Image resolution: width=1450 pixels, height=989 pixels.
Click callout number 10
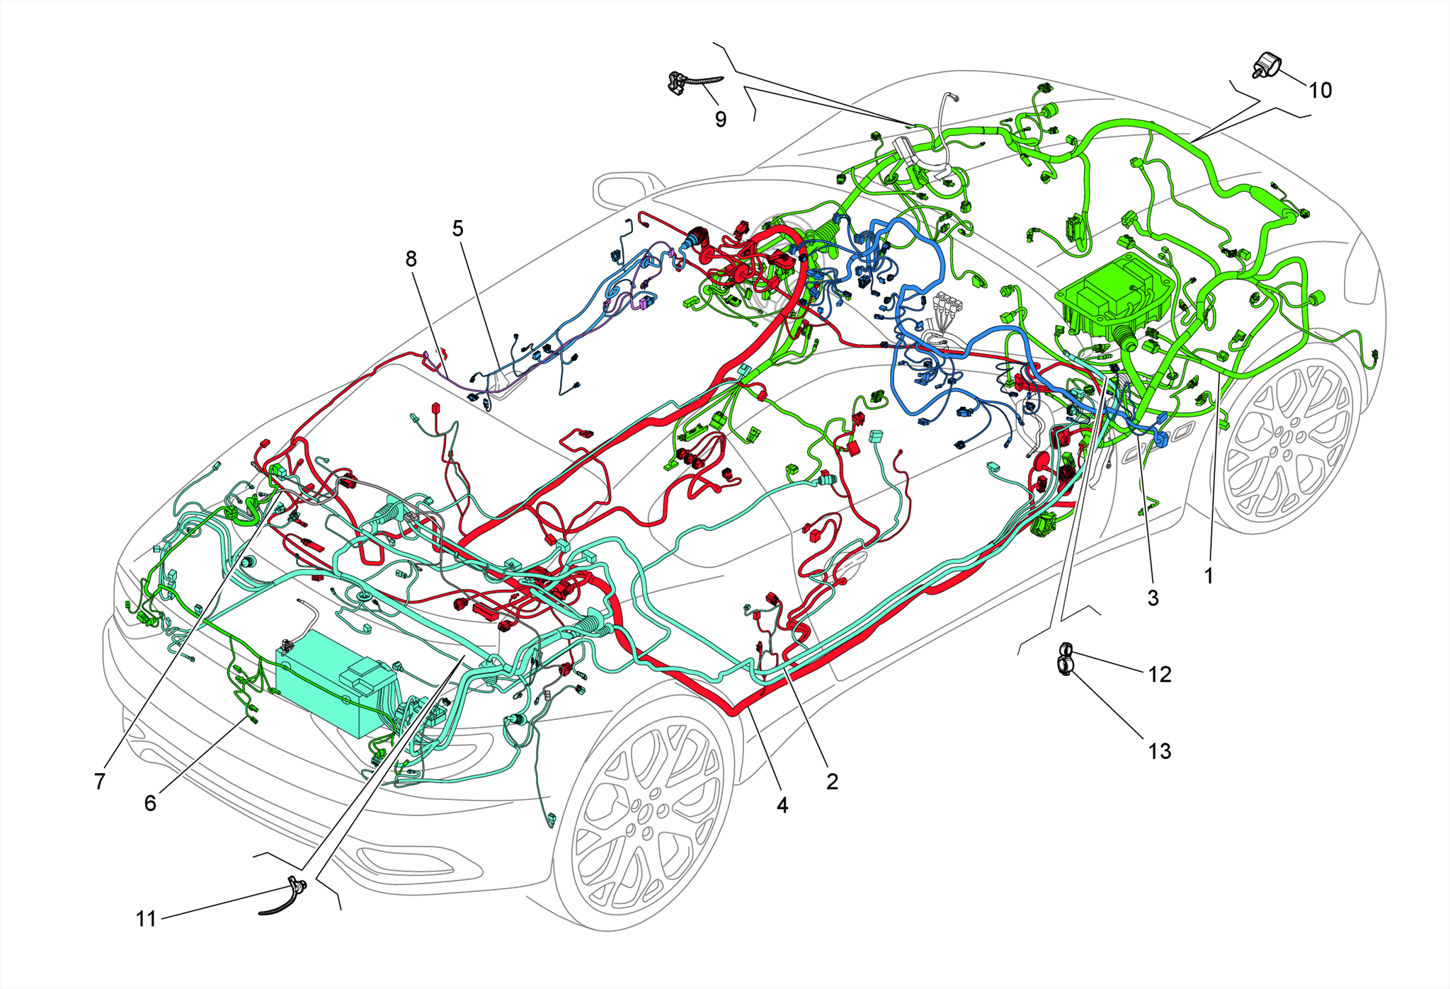(x=1320, y=91)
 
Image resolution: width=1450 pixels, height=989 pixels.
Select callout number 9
(x=720, y=119)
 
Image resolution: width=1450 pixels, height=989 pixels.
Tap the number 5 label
(x=457, y=229)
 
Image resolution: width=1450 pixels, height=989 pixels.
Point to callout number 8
(x=411, y=259)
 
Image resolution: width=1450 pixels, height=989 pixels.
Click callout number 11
(x=146, y=919)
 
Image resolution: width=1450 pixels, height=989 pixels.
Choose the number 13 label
(x=1159, y=751)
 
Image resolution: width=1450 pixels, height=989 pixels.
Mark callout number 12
(x=1159, y=675)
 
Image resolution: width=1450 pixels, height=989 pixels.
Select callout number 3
(x=1153, y=598)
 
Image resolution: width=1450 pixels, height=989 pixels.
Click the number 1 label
(x=1209, y=576)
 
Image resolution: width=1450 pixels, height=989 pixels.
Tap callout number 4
(x=782, y=805)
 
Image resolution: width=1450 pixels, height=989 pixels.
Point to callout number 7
(x=99, y=782)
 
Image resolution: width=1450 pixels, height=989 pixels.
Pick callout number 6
(x=150, y=803)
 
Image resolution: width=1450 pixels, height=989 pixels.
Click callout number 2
(x=832, y=782)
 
